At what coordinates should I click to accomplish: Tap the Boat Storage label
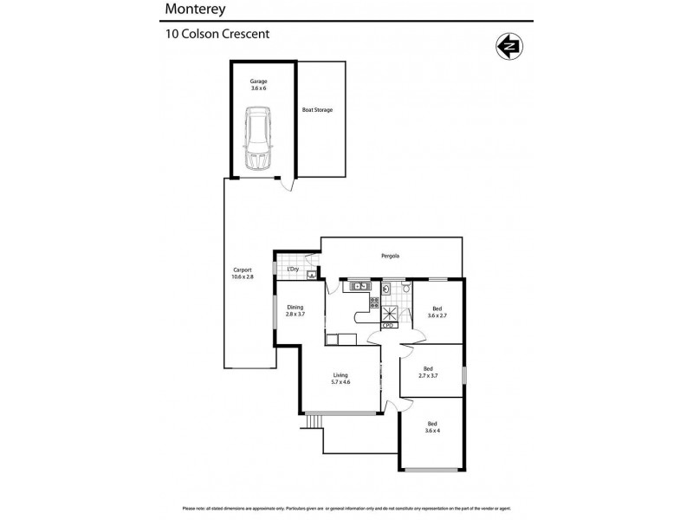(x=317, y=110)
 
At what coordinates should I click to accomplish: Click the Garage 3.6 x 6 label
(x=258, y=84)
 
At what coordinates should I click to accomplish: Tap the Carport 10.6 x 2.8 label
(x=242, y=272)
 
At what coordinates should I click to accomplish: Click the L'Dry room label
(x=293, y=269)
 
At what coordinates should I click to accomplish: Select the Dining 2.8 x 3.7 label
(x=295, y=310)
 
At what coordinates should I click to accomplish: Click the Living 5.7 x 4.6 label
(x=340, y=378)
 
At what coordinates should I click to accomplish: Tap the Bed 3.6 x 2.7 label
(x=436, y=310)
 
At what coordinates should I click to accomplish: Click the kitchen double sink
(x=359, y=287)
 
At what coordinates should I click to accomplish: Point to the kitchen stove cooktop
(x=374, y=302)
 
